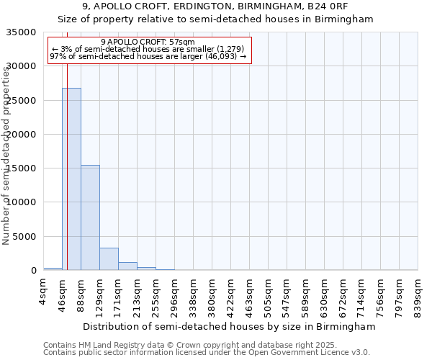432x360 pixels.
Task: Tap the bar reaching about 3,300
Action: click(109, 259)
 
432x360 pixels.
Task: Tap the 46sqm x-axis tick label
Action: click(63, 291)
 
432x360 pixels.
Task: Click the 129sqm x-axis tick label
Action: click(100, 293)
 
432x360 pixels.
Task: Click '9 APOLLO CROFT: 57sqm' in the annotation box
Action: click(148, 42)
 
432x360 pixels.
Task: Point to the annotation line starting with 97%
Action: click(148, 57)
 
